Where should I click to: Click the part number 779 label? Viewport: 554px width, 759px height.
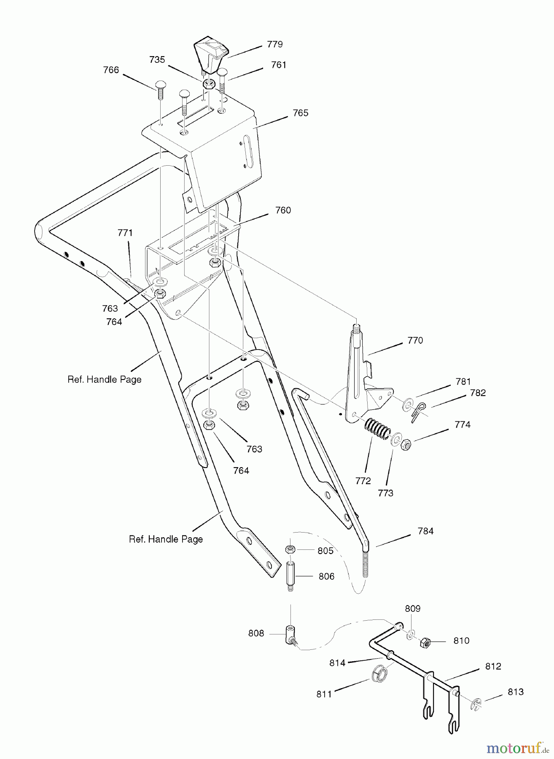pyautogui.click(x=275, y=44)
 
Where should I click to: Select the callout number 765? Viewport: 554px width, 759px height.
pyautogui.click(x=301, y=113)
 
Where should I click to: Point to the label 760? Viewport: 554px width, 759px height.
pyautogui.click(x=283, y=210)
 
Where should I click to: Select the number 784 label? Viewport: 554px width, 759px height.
pyautogui.click(x=425, y=531)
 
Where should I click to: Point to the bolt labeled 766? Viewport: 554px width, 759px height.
pyautogui.click(x=160, y=89)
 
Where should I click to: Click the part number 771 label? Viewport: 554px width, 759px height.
pyautogui.click(x=125, y=232)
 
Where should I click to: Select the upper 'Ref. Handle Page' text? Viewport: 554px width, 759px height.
pyautogui.click(x=105, y=379)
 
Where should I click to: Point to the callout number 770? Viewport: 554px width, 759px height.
pyautogui.click(x=415, y=340)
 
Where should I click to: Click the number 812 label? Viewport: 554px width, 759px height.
pyautogui.click(x=493, y=666)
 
